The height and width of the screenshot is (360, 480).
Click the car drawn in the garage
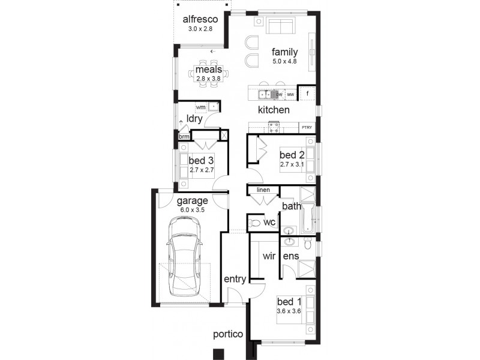[184, 256]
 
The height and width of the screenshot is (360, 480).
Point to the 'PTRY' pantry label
[307, 127]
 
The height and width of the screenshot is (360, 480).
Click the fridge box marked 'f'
[307, 94]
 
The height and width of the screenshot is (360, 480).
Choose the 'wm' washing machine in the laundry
[200, 107]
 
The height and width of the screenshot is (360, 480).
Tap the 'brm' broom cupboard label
[184, 137]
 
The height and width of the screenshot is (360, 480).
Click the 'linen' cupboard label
[263, 190]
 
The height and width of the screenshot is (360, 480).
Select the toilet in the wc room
[256, 223]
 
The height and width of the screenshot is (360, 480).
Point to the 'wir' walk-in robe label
[268, 256]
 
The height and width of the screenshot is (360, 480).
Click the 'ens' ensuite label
[291, 256]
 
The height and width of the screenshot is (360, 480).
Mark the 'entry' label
[235, 280]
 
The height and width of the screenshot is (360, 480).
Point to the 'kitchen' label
[274, 110]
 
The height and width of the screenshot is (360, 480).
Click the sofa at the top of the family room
[280, 26]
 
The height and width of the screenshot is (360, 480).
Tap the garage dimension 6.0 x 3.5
[191, 210]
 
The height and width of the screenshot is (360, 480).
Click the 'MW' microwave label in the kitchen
[290, 95]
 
